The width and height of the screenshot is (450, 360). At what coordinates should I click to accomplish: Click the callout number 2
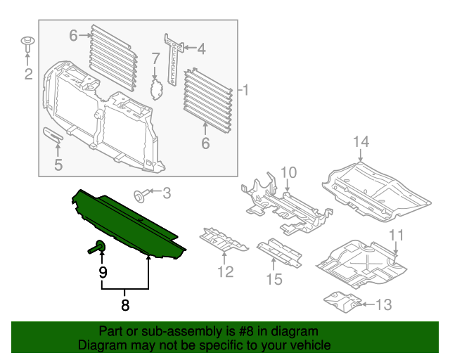click(x=28, y=73)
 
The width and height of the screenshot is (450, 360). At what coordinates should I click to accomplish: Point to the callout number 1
click(x=245, y=90)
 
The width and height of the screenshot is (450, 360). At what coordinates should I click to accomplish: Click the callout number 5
click(x=58, y=165)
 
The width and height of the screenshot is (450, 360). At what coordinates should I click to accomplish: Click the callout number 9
click(x=103, y=271)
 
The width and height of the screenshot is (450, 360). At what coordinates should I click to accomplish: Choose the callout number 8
click(x=125, y=305)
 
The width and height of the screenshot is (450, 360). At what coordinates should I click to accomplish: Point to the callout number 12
click(x=225, y=271)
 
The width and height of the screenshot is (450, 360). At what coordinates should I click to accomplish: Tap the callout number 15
click(x=274, y=279)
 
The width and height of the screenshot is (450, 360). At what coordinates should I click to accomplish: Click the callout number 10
click(x=289, y=173)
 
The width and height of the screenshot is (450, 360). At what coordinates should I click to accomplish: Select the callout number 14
click(x=361, y=143)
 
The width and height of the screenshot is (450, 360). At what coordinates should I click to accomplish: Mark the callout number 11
click(x=397, y=235)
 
